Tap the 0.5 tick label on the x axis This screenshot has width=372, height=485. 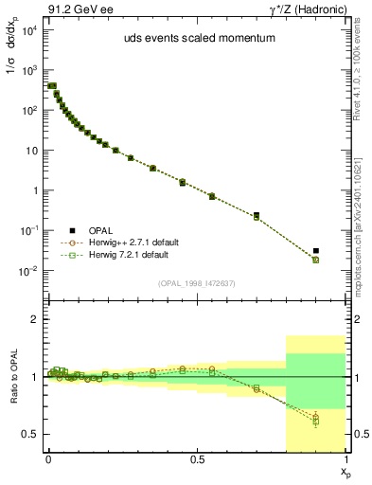(197, 459)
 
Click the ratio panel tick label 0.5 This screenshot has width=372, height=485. (29, 434)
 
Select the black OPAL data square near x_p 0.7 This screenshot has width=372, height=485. (257, 215)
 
